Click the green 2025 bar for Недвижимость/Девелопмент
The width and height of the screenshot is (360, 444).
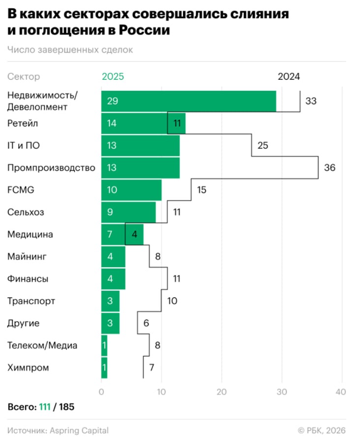pyautogui.click(x=188, y=101)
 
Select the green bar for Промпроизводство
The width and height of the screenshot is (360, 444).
pyautogui.click(x=140, y=168)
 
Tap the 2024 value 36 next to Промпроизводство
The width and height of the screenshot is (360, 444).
pyautogui.click(x=330, y=168)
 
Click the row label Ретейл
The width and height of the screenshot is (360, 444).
pyautogui.click(x=23, y=123)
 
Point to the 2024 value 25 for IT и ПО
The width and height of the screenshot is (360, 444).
pyautogui.click(x=263, y=146)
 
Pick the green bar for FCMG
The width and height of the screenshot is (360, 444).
pyautogui.click(x=131, y=190)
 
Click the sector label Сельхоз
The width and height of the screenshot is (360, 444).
pyautogui.click(x=26, y=212)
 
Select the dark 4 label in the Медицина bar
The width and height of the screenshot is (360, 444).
pyautogui.click(x=134, y=235)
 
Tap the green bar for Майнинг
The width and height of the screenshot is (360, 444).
pyautogui.click(x=113, y=257)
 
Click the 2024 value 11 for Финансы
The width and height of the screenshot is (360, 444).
pyautogui.click(x=177, y=279)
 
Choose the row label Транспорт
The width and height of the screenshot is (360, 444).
pyautogui.click(x=31, y=301)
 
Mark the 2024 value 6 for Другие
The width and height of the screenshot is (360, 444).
pyautogui.click(x=146, y=324)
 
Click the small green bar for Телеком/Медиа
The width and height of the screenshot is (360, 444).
pyautogui.click(x=104, y=345)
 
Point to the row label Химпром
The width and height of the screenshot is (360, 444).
pyautogui.click(x=28, y=367)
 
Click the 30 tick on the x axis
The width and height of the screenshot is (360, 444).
pyautogui.click(x=281, y=392)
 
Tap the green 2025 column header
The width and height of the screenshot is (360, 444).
pyautogui.click(x=113, y=77)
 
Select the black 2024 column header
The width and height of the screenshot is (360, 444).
pyautogui.click(x=289, y=77)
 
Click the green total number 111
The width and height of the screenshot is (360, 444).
pyautogui.click(x=46, y=407)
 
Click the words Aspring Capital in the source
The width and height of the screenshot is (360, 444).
pyautogui.click(x=79, y=431)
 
